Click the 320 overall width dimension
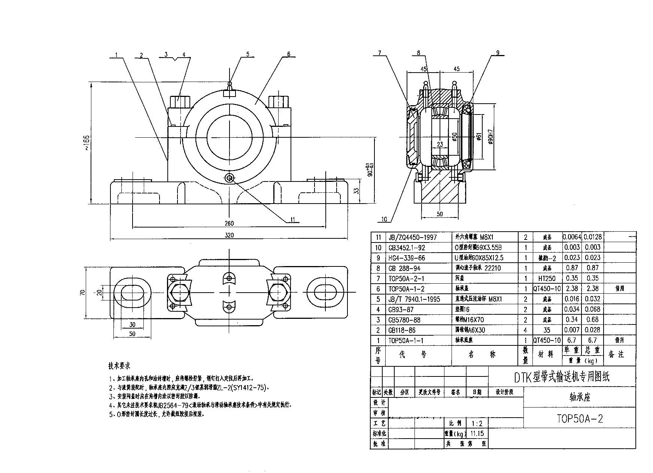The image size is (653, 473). pos(229,235)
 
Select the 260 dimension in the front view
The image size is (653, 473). pos(229,223)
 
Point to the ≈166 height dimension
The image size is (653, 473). pos(87,143)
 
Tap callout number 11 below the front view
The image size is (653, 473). pos(292,220)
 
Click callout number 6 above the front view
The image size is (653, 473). pos(288,54)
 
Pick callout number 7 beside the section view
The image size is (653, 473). pos(379,53)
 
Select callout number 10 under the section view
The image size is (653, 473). pos(384,219)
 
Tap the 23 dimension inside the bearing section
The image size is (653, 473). pos(440,144)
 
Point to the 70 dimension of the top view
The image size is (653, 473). pos(83,292)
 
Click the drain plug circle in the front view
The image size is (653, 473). pos(230,178)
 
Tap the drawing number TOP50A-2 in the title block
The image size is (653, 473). pos(579,418)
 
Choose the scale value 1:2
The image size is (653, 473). pos(477,424)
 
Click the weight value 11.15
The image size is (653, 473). pos(477,434)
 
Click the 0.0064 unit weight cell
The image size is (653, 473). pos(572,237)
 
